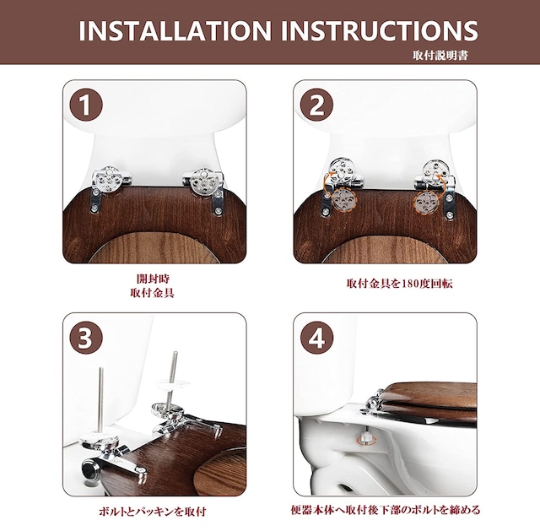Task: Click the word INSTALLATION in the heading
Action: (x=175, y=30)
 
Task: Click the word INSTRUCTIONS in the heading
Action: (x=380, y=30)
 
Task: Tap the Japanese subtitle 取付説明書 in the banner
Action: (x=440, y=55)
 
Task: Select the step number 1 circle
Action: (x=86, y=105)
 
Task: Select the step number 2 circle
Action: (x=317, y=105)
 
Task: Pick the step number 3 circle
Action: (x=86, y=338)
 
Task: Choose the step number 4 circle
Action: (x=317, y=338)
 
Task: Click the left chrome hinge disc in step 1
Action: (x=109, y=179)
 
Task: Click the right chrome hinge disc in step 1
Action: (x=203, y=179)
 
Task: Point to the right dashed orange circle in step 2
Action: (x=426, y=200)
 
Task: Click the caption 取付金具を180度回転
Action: (x=399, y=284)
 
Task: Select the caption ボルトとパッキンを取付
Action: (x=153, y=512)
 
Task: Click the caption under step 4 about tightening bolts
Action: (x=386, y=510)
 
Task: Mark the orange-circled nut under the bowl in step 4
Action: (x=365, y=439)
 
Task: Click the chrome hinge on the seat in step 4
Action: (x=373, y=402)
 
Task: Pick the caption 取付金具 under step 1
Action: (x=153, y=293)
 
